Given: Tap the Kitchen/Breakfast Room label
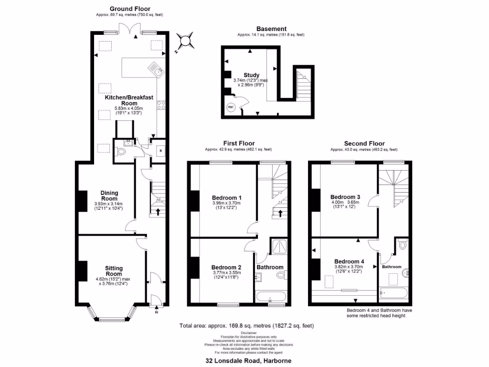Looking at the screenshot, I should click(129, 100).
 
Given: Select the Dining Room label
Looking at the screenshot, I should click(109, 196).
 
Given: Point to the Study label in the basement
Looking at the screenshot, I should click(252, 75).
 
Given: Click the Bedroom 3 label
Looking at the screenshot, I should click(345, 196).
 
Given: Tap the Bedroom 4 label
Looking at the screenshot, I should click(349, 261).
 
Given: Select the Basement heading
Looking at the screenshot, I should click(271, 29).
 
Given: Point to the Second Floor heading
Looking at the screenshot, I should click(364, 143).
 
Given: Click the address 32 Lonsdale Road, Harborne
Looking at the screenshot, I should click(248, 361).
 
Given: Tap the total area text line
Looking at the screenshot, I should click(246, 326).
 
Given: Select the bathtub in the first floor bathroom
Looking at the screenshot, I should click(271, 297).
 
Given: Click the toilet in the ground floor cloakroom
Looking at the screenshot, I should click(121, 152).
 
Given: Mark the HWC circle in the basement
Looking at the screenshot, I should click(231, 107).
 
